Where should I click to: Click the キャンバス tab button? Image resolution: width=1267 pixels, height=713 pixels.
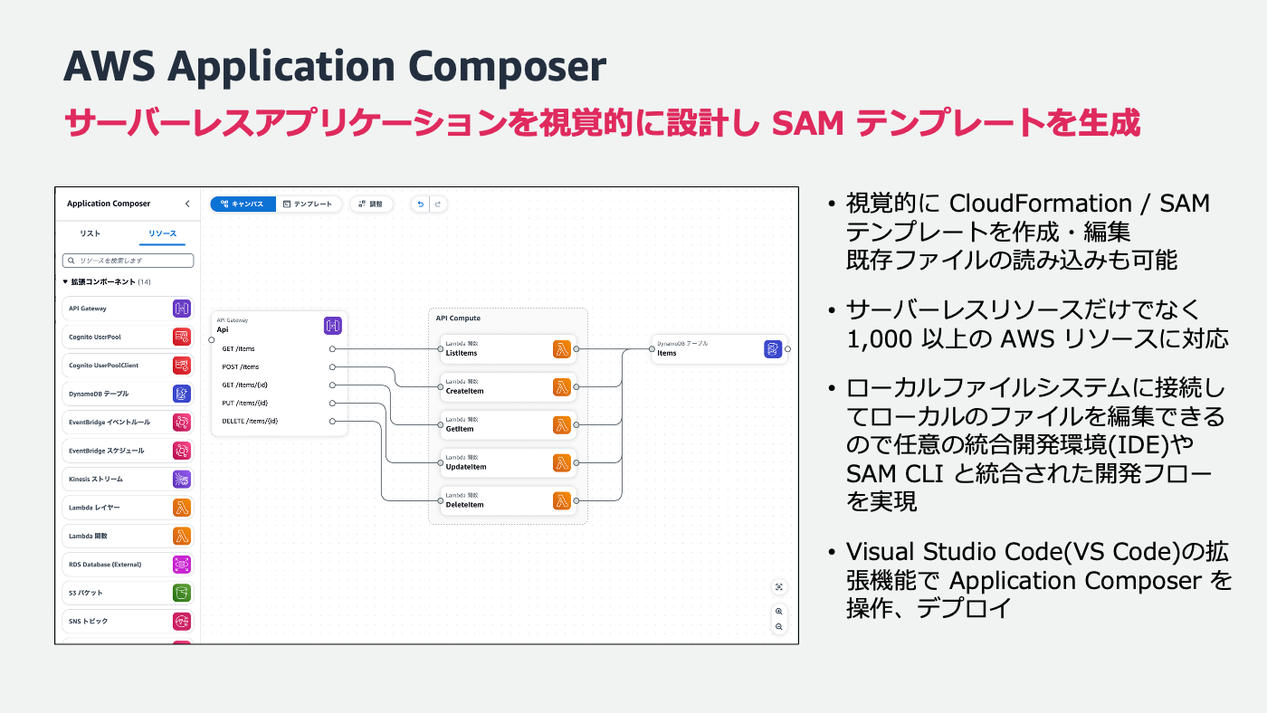(243, 204)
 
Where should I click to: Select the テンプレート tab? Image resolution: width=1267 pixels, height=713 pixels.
(309, 204)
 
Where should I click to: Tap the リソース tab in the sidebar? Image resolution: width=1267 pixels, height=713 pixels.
(163, 233)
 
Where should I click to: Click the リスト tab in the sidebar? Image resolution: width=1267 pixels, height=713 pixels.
(90, 233)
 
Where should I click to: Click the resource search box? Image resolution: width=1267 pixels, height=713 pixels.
(128, 261)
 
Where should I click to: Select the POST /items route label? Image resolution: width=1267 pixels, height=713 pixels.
(241, 366)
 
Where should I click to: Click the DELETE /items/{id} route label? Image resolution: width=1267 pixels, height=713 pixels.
(250, 421)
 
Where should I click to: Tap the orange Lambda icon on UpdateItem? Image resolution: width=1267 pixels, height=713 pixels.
(562, 463)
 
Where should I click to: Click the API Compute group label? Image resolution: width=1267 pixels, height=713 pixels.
(458, 318)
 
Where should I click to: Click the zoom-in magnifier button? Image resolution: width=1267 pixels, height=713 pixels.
(778, 612)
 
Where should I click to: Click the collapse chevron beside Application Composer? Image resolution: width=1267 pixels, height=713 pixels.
(187, 204)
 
